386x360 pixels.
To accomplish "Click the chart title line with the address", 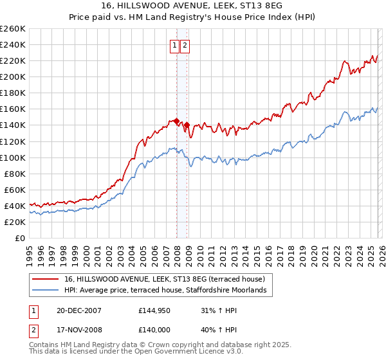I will coord(192,5).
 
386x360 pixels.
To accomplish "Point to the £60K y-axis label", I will coord(14,190).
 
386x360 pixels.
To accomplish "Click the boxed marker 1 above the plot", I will coord(174,45).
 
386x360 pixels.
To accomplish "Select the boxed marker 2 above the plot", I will coord(185,45).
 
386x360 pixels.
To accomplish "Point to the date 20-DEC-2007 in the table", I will coord(78,310).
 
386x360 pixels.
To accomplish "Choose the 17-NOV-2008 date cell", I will coord(78,331).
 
